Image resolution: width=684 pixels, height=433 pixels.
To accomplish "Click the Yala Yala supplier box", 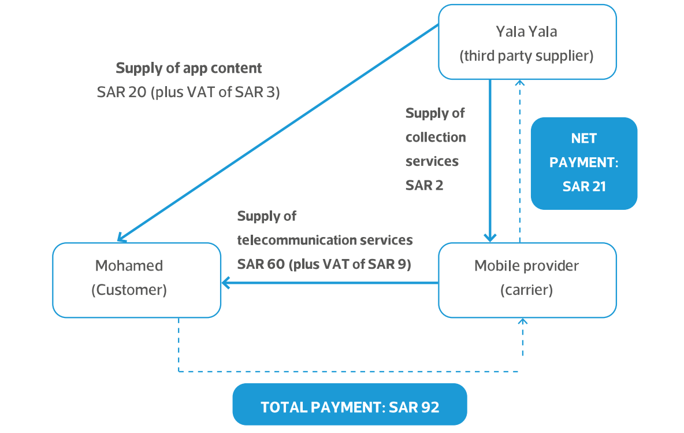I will coord(527,42).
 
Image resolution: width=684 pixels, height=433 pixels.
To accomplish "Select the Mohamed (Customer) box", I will coord(136,280).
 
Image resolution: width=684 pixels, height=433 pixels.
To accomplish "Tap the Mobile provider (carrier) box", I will coord(527,280).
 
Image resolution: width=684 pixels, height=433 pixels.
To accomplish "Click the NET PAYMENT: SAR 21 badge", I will coord(583,163).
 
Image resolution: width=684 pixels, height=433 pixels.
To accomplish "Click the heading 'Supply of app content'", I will coord(189,68).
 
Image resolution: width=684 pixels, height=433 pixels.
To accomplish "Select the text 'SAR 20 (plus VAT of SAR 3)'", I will coord(189,92).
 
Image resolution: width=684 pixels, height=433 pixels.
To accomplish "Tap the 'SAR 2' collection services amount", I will coord(424,186).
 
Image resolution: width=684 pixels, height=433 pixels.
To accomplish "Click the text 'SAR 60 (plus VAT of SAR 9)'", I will coord(324,264).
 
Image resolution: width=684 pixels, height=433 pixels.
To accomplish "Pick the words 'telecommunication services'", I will coord(325,239).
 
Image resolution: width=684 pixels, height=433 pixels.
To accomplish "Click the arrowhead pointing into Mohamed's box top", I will coord(121,238).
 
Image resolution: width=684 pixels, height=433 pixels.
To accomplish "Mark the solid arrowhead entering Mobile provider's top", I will coord(490,237).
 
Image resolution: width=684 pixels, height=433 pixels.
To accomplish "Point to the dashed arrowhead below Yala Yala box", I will coord(519,83).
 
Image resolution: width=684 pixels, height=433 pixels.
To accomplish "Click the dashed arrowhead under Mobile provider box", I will coord(523,321).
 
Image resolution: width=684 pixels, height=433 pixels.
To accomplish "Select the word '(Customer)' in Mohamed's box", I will coord(129,290).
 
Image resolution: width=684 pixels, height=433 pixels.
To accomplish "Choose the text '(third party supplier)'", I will coord(526,56).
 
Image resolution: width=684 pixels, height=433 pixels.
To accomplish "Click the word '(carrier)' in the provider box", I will coord(526,290).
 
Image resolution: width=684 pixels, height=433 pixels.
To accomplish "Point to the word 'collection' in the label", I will coord(435,138).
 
